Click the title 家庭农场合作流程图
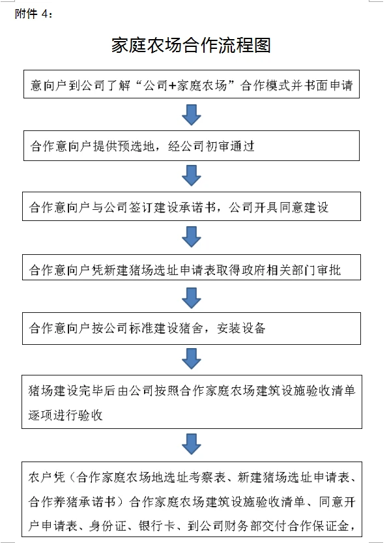(x=191, y=46)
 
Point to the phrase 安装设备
(x=241, y=328)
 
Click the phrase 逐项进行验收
(x=65, y=415)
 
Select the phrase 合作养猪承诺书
(x=72, y=501)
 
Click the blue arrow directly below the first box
(x=192, y=115)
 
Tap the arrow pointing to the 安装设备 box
(x=192, y=298)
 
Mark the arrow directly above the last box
(x=192, y=444)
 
